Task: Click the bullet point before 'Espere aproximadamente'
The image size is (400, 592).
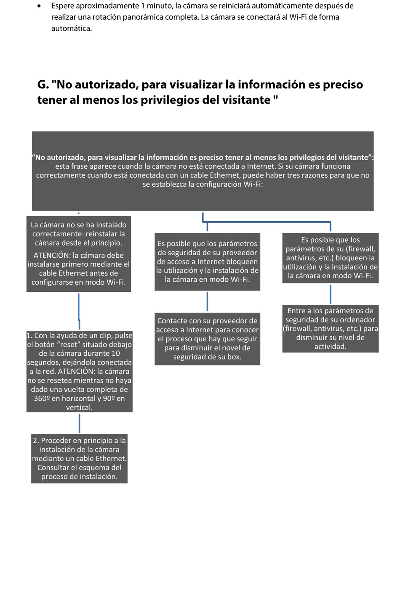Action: pyautogui.click(x=39, y=6)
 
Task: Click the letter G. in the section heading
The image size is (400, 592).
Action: pyautogui.click(x=43, y=85)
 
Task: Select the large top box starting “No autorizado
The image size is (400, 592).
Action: pyautogui.click(x=203, y=171)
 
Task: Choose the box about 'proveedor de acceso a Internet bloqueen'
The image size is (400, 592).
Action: pyautogui.click(x=207, y=262)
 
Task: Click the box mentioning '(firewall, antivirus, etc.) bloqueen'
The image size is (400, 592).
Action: pyautogui.click(x=330, y=258)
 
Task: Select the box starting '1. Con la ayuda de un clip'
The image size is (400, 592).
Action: pyautogui.click(x=79, y=371)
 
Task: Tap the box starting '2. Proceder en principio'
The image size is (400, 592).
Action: pyautogui.click(x=79, y=458)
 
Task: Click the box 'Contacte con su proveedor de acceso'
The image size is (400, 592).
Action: pyautogui.click(x=207, y=338)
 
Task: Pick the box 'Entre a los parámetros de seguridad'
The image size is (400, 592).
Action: pyautogui.click(x=330, y=328)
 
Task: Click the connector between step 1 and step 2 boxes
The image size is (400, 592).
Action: pyautogui.click(x=79, y=423)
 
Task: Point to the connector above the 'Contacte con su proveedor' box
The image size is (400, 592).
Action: pyautogui.click(x=207, y=301)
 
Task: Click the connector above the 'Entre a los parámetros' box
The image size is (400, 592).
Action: pyautogui.click(x=330, y=294)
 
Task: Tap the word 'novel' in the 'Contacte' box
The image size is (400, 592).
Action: pyautogui.click(x=240, y=348)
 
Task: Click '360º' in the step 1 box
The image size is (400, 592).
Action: pyautogui.click(x=42, y=398)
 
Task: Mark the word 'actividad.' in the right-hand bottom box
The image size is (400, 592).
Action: pyautogui.click(x=330, y=346)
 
